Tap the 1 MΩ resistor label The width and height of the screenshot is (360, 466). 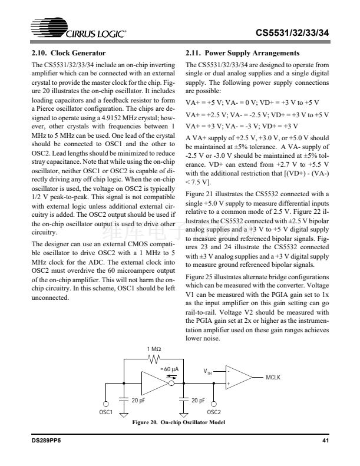pyautogui.click(x=152, y=349)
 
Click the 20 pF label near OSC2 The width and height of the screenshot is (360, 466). pyautogui.click(x=198, y=400)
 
